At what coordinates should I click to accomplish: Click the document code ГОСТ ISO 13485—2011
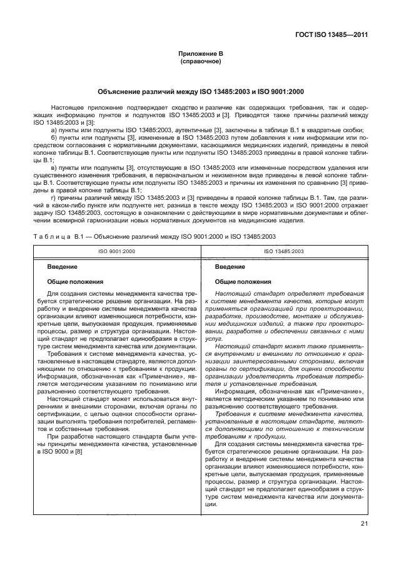click(332, 36)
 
